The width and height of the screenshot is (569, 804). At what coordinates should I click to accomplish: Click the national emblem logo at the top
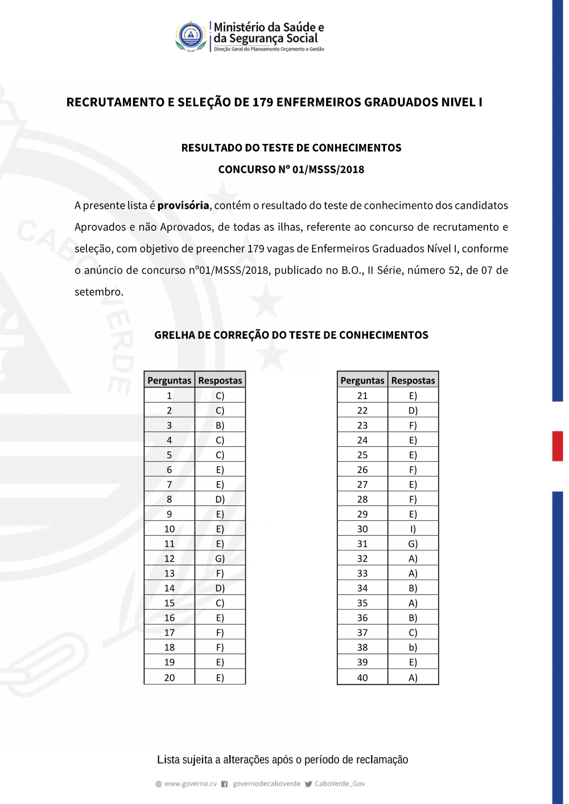pos(191,36)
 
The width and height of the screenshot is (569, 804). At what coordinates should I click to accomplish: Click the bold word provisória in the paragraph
pos(183,205)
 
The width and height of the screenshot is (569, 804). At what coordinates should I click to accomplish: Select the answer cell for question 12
pos(220,558)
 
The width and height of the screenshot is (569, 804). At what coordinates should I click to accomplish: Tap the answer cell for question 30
pos(413,529)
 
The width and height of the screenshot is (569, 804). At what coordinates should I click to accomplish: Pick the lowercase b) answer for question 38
pos(413,647)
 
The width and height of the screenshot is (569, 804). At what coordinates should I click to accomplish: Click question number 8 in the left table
pos(170,499)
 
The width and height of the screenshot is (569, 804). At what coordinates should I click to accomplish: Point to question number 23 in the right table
pos(362,425)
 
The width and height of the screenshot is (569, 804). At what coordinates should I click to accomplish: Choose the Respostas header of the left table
pos(220,380)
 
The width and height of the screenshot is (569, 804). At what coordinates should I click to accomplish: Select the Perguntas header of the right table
pos(362,380)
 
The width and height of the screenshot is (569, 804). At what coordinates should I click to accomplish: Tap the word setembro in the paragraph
pos(98,292)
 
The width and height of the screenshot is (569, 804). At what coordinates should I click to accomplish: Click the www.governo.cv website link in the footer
pos(191,784)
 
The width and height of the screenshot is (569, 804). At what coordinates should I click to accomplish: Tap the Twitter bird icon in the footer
pos(308,784)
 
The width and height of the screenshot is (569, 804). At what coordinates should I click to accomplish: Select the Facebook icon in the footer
pos(224,784)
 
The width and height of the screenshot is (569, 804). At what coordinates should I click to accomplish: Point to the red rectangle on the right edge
pos(558,446)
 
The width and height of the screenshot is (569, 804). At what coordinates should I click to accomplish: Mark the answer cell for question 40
pos(413,677)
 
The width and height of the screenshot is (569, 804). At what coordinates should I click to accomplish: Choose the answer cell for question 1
pos(220,396)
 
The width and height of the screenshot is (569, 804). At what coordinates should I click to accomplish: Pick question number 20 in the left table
pos(170,677)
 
